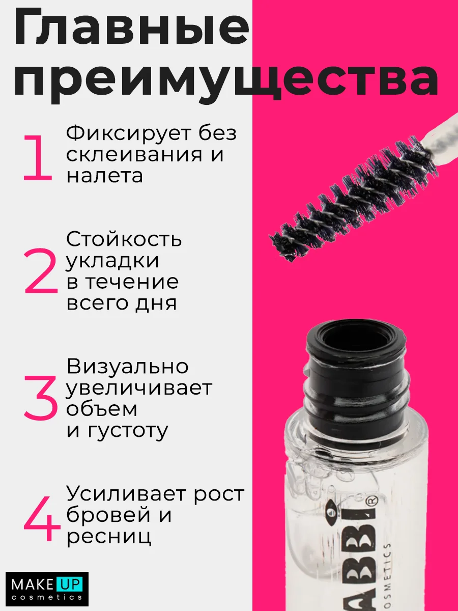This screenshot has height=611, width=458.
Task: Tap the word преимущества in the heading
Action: [226, 79]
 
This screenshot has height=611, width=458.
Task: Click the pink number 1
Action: [38, 158]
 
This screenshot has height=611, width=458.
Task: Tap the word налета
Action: [104, 176]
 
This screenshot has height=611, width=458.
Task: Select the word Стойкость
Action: [124, 239]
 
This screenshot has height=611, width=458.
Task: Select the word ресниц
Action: [109, 537]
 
